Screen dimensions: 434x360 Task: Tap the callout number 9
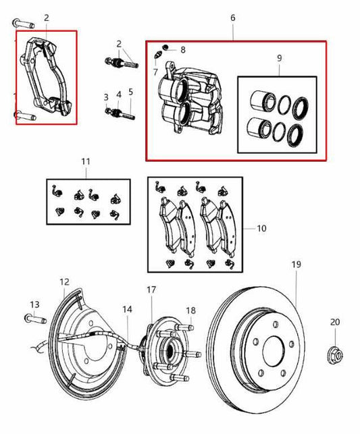click(279, 59)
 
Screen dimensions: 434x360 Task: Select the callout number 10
click(261, 229)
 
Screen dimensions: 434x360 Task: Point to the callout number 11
click(85, 162)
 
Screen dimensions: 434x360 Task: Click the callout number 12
click(64, 281)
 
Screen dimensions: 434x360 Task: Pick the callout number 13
click(35, 304)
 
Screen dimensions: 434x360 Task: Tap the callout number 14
click(127, 309)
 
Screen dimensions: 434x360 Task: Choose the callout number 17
click(151, 290)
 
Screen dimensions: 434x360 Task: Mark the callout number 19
click(295, 265)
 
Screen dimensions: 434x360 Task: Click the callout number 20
click(336, 322)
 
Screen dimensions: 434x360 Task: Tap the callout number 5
click(130, 91)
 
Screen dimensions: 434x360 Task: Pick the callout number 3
click(106, 97)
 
